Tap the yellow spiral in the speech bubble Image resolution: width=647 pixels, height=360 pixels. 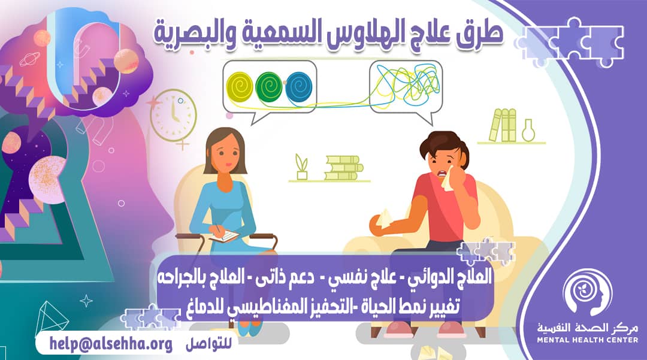(242, 88)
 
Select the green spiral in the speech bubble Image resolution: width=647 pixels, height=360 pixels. (269, 88)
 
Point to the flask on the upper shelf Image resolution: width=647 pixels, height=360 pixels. (528, 130)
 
